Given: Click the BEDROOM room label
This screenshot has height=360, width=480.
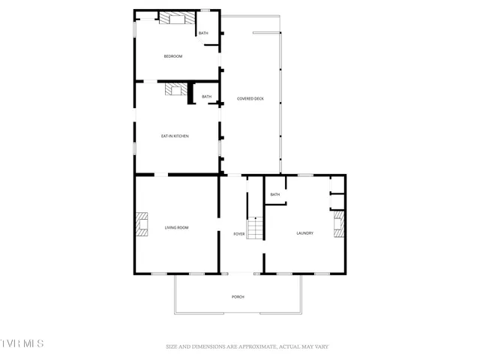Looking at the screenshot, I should click(x=173, y=56).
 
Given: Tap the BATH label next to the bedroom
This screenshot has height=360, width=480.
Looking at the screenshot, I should click(x=203, y=34).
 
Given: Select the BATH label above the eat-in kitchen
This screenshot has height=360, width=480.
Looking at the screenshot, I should click(x=206, y=97).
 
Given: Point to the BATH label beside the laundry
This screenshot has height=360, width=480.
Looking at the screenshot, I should click(x=275, y=194).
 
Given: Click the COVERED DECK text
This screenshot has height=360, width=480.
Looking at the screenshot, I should click(x=250, y=98).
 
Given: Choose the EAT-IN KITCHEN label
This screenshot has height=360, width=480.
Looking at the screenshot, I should click(x=175, y=136).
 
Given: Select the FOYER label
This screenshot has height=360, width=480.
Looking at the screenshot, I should click(x=238, y=234).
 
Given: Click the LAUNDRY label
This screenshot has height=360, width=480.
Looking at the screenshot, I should click(x=304, y=233).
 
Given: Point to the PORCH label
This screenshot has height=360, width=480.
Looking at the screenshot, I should click(x=238, y=297).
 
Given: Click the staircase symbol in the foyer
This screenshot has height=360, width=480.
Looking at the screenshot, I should click(x=256, y=227).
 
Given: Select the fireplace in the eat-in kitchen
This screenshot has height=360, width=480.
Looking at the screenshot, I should click(x=175, y=90).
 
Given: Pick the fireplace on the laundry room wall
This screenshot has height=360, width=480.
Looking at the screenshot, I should click(x=339, y=224).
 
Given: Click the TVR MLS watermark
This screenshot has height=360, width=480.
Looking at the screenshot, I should click(x=22, y=343).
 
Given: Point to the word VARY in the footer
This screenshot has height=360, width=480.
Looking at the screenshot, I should click(x=320, y=346).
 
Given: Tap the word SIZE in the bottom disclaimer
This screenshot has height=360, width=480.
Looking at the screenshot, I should click(x=172, y=346).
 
